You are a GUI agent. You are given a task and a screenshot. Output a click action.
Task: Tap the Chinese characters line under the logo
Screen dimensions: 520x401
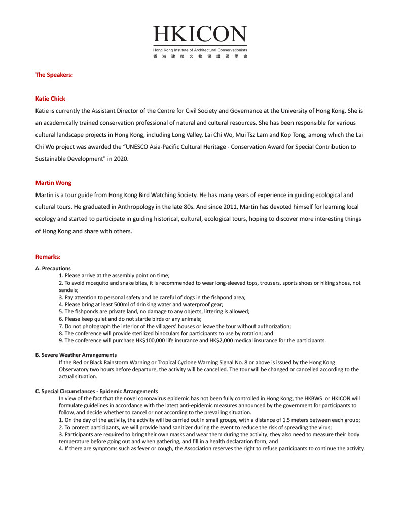coord(200,56)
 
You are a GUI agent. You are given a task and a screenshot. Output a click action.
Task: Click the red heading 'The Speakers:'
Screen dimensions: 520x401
coord(54,75)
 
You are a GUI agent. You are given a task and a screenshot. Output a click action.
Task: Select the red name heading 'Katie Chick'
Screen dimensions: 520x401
coord(50,99)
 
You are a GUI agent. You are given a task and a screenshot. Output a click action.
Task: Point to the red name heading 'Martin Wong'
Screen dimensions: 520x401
coord(53,183)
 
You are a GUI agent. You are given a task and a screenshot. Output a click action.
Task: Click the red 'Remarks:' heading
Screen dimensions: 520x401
coord(48,257)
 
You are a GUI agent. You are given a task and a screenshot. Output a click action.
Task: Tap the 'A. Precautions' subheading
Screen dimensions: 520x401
coord(53,268)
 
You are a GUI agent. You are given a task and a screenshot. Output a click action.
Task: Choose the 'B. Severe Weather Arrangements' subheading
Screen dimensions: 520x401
coord(76,355)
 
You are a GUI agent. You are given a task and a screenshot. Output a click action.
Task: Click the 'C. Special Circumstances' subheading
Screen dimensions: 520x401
coord(96,391)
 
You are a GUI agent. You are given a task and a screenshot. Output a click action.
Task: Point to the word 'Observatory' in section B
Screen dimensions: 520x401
coord(75,370)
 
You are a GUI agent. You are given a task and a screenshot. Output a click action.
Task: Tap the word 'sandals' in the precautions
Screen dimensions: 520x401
coord(68,289)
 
